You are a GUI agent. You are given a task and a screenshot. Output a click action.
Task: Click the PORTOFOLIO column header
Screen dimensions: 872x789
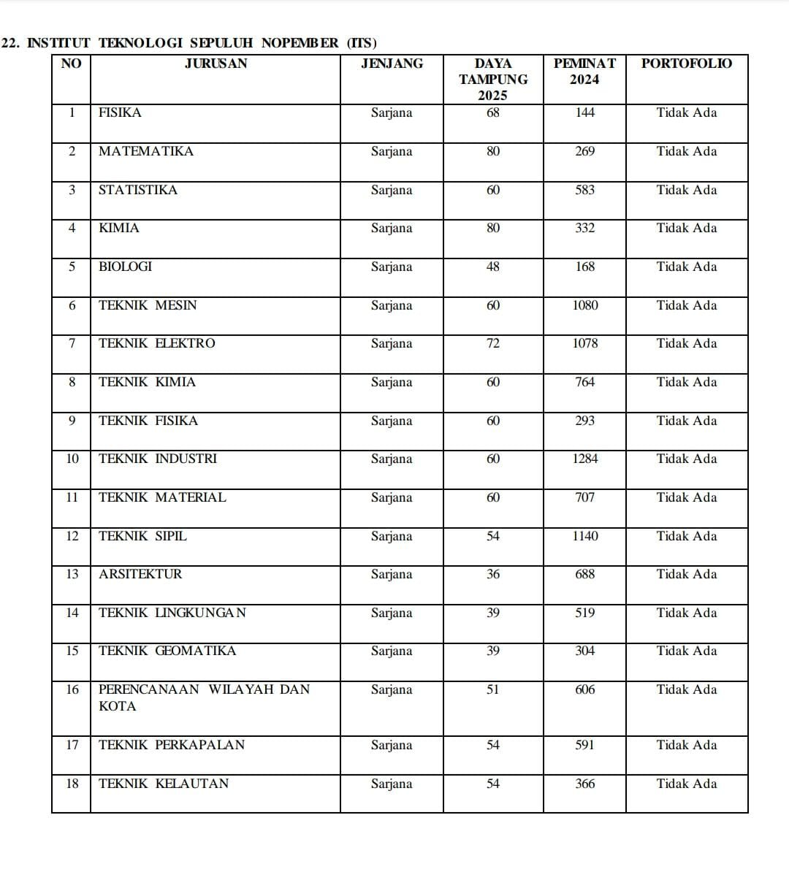click(686, 64)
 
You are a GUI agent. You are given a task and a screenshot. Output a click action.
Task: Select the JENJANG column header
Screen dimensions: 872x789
click(392, 64)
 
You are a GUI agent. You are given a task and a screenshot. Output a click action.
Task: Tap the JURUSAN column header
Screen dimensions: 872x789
click(216, 64)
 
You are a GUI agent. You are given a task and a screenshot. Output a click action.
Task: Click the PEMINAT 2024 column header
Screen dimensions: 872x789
click(584, 72)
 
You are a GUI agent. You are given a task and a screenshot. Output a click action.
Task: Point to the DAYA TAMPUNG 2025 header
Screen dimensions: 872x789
click(493, 79)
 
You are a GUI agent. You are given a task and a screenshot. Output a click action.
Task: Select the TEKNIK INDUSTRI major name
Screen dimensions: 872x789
click(158, 459)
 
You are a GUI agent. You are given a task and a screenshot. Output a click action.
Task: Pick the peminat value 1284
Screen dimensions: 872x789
click(584, 459)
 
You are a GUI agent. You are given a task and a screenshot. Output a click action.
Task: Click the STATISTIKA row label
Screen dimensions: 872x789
click(138, 190)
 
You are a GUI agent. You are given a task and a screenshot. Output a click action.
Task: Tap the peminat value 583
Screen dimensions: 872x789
click(584, 190)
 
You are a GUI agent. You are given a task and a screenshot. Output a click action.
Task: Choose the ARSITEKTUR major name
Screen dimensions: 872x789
click(140, 574)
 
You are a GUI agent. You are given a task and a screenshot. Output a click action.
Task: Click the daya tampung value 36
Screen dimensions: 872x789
click(493, 574)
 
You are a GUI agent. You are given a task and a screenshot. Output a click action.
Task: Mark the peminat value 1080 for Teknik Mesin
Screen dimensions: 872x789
click(584, 305)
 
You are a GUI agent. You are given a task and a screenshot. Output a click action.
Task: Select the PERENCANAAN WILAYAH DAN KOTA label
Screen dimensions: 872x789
click(204, 697)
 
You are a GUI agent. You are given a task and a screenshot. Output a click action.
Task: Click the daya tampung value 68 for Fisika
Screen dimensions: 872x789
click(493, 112)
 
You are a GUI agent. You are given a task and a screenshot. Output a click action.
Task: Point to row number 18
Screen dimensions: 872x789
click(72, 784)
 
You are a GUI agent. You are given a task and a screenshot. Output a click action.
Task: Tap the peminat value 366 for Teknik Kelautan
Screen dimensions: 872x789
click(584, 784)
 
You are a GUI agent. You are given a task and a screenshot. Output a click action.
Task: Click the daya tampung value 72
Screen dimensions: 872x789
click(493, 343)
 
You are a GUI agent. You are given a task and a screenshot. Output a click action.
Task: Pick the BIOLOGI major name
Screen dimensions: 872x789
click(126, 267)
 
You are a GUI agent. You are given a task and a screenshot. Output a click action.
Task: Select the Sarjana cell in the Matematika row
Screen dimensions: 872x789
click(392, 151)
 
